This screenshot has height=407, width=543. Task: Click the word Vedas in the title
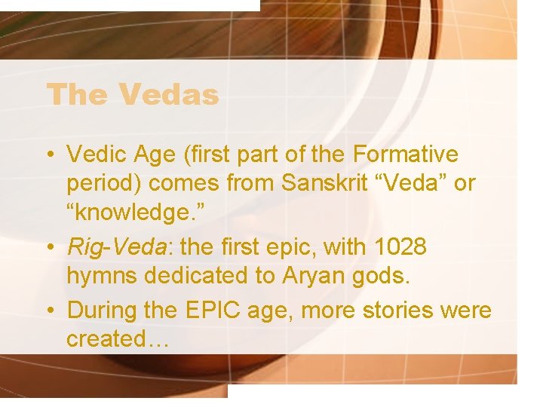coord(167,96)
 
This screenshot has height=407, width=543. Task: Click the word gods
coord(384,276)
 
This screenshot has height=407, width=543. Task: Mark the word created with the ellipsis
coord(116,339)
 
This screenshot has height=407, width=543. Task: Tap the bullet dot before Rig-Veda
coord(49,248)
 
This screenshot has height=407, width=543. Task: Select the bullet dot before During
coord(49,311)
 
